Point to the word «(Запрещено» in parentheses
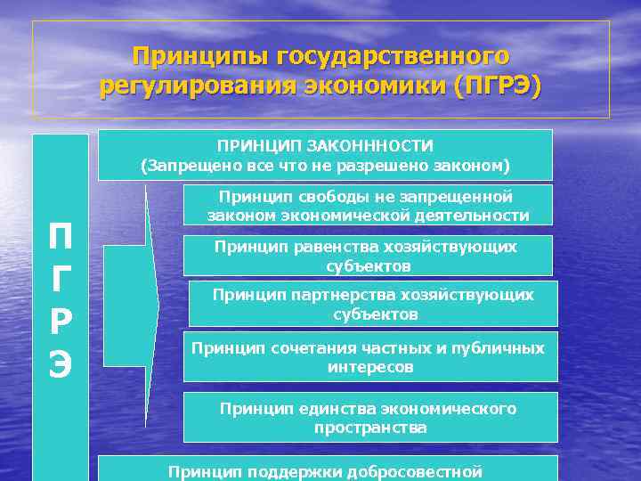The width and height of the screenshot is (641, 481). (183, 165)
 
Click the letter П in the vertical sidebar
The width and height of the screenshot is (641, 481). (61, 240)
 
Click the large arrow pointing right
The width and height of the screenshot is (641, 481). (134, 306)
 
